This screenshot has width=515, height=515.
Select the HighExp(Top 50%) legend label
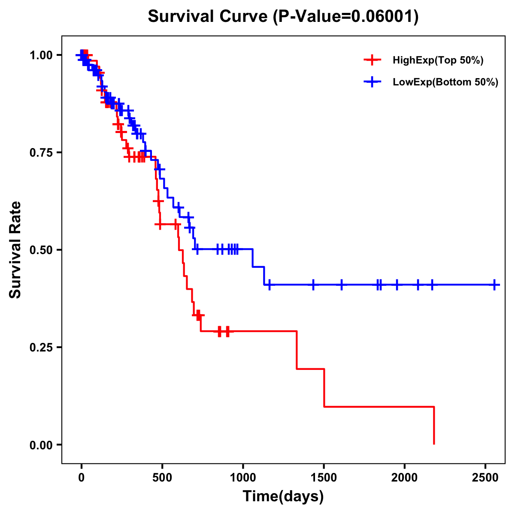438,61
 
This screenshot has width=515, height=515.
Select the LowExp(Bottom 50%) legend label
445,82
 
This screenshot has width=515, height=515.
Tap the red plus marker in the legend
372,61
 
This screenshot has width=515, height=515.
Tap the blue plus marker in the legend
372,82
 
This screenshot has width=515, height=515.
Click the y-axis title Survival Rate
15,249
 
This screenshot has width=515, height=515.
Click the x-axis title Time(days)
283,497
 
